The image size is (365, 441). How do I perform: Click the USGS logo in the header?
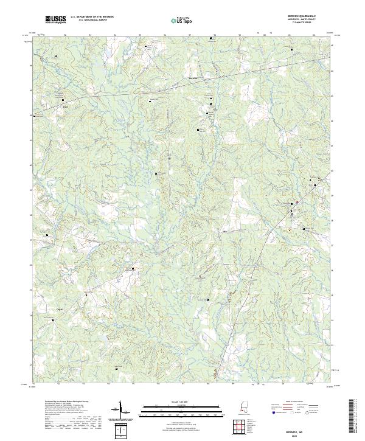pos(55,20)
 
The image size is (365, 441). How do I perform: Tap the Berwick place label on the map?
pos(194,78)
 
